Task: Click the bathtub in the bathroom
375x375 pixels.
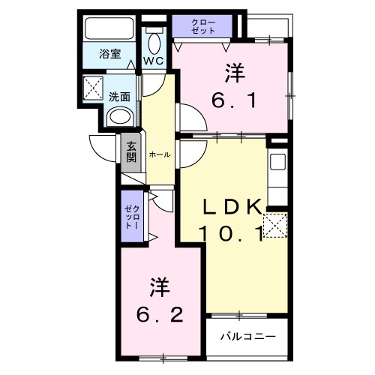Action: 108,28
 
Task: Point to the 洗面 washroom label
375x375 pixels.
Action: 119,96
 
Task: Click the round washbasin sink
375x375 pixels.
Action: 118,115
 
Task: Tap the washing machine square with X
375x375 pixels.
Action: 94,88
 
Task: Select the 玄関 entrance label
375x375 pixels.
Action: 131,151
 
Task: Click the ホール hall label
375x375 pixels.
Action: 159,154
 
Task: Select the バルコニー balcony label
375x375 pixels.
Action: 247,335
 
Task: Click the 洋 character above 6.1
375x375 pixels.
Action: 234,73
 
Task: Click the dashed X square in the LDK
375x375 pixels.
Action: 275,224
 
